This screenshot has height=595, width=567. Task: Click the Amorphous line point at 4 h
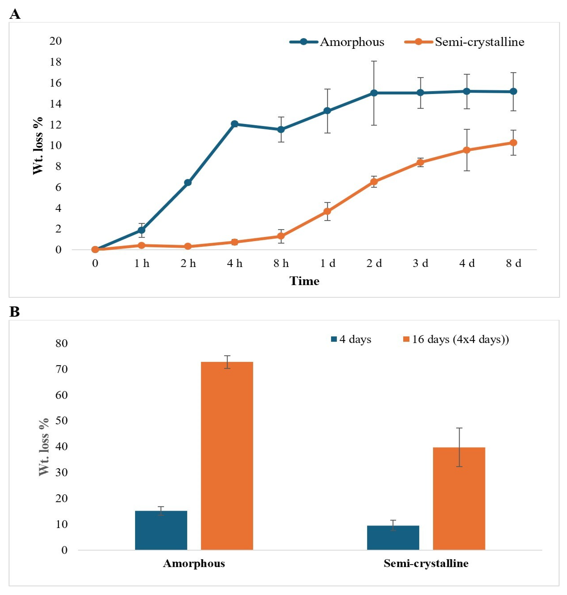click(x=235, y=124)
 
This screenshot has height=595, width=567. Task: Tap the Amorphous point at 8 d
click(x=513, y=91)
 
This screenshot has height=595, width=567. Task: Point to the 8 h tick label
click(x=281, y=264)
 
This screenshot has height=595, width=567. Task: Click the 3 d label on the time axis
click(x=420, y=264)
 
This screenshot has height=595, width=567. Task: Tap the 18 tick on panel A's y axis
click(x=55, y=62)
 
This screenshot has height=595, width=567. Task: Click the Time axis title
click(x=304, y=281)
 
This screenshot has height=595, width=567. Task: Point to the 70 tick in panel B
click(x=61, y=369)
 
